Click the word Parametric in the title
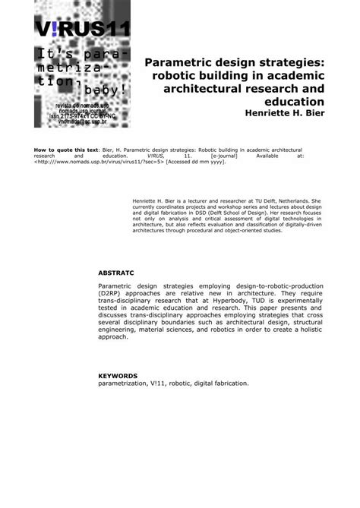(182, 62)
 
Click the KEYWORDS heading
(118, 375)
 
